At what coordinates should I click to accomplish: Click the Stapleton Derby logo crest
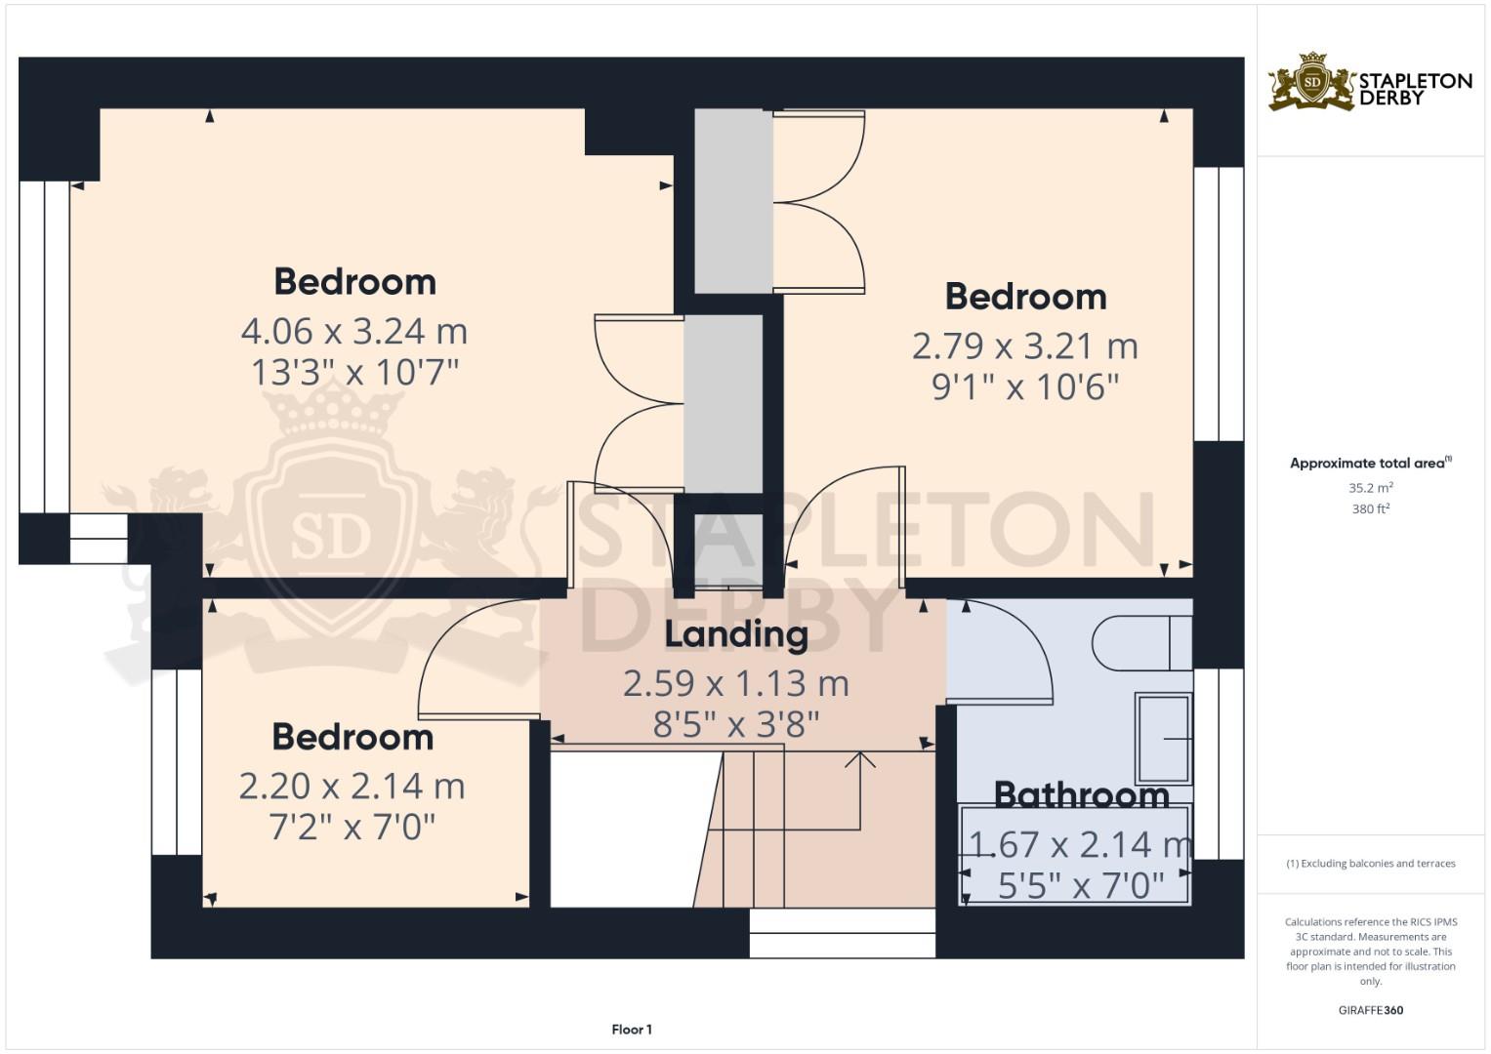coord(1312,82)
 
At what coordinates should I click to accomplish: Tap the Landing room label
coord(736,634)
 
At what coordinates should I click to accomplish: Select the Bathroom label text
coord(1081,794)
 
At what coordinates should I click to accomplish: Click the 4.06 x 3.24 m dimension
coord(354,332)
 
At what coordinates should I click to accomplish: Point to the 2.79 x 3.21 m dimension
coord(1025,346)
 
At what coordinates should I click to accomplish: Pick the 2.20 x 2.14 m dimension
coord(352,787)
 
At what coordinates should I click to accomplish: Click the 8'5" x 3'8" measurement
coord(736,725)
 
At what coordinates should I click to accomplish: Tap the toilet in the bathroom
coord(1140,643)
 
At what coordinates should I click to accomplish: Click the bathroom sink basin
coord(1163,738)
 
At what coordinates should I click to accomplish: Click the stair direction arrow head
coord(860,757)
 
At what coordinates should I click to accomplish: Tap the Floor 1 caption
coord(632,1030)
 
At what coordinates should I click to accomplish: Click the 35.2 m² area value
coord(1371,487)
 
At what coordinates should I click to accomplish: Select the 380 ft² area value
coord(1371,508)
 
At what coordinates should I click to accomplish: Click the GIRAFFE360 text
coord(1371,1010)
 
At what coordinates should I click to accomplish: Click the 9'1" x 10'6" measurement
coord(1025,387)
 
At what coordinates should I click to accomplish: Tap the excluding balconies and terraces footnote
coord(1371,864)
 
